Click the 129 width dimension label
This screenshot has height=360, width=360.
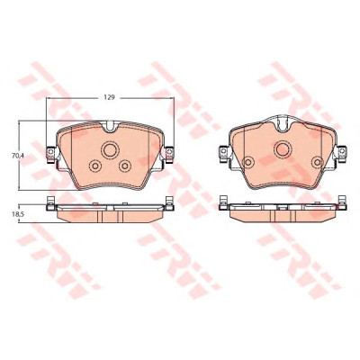pyautogui.click(x=110, y=97)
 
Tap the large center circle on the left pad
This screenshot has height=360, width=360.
pyautogui.click(x=110, y=150)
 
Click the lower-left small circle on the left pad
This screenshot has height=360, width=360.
pyautogui.click(x=95, y=166)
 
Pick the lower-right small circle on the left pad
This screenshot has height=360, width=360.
pyautogui.click(x=125, y=166)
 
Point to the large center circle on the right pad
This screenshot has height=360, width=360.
pyautogui.click(x=283, y=149)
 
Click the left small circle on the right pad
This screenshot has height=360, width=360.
pyautogui.click(x=247, y=162)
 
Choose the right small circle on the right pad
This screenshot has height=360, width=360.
pyautogui.click(x=317, y=162)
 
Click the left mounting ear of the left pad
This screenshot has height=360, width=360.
pyautogui.click(x=51, y=154)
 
